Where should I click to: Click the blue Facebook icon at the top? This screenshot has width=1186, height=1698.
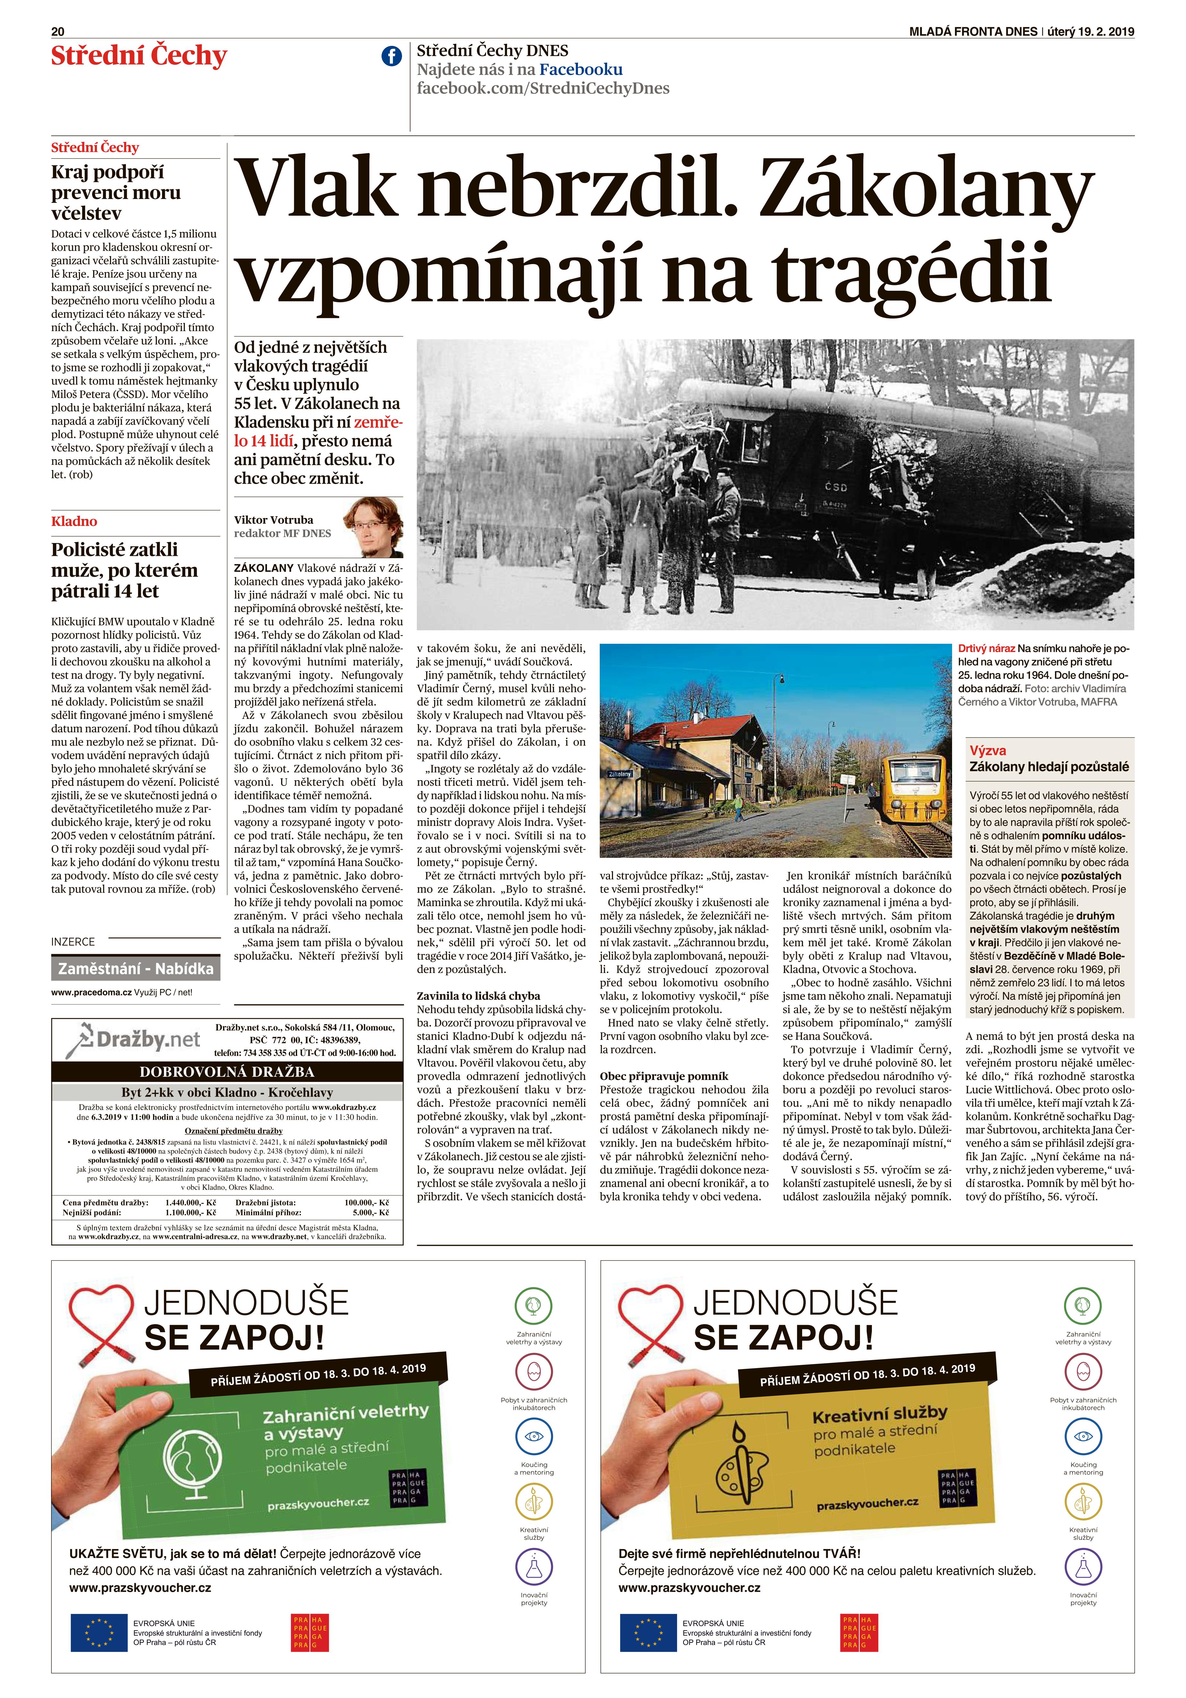(x=391, y=56)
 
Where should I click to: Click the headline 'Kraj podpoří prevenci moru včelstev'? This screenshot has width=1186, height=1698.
(x=116, y=192)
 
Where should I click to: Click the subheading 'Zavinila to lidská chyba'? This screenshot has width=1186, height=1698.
(x=478, y=996)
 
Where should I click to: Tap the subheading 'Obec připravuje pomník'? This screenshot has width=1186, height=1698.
(x=664, y=1076)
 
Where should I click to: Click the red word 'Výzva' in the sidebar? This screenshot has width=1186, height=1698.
(x=988, y=750)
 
